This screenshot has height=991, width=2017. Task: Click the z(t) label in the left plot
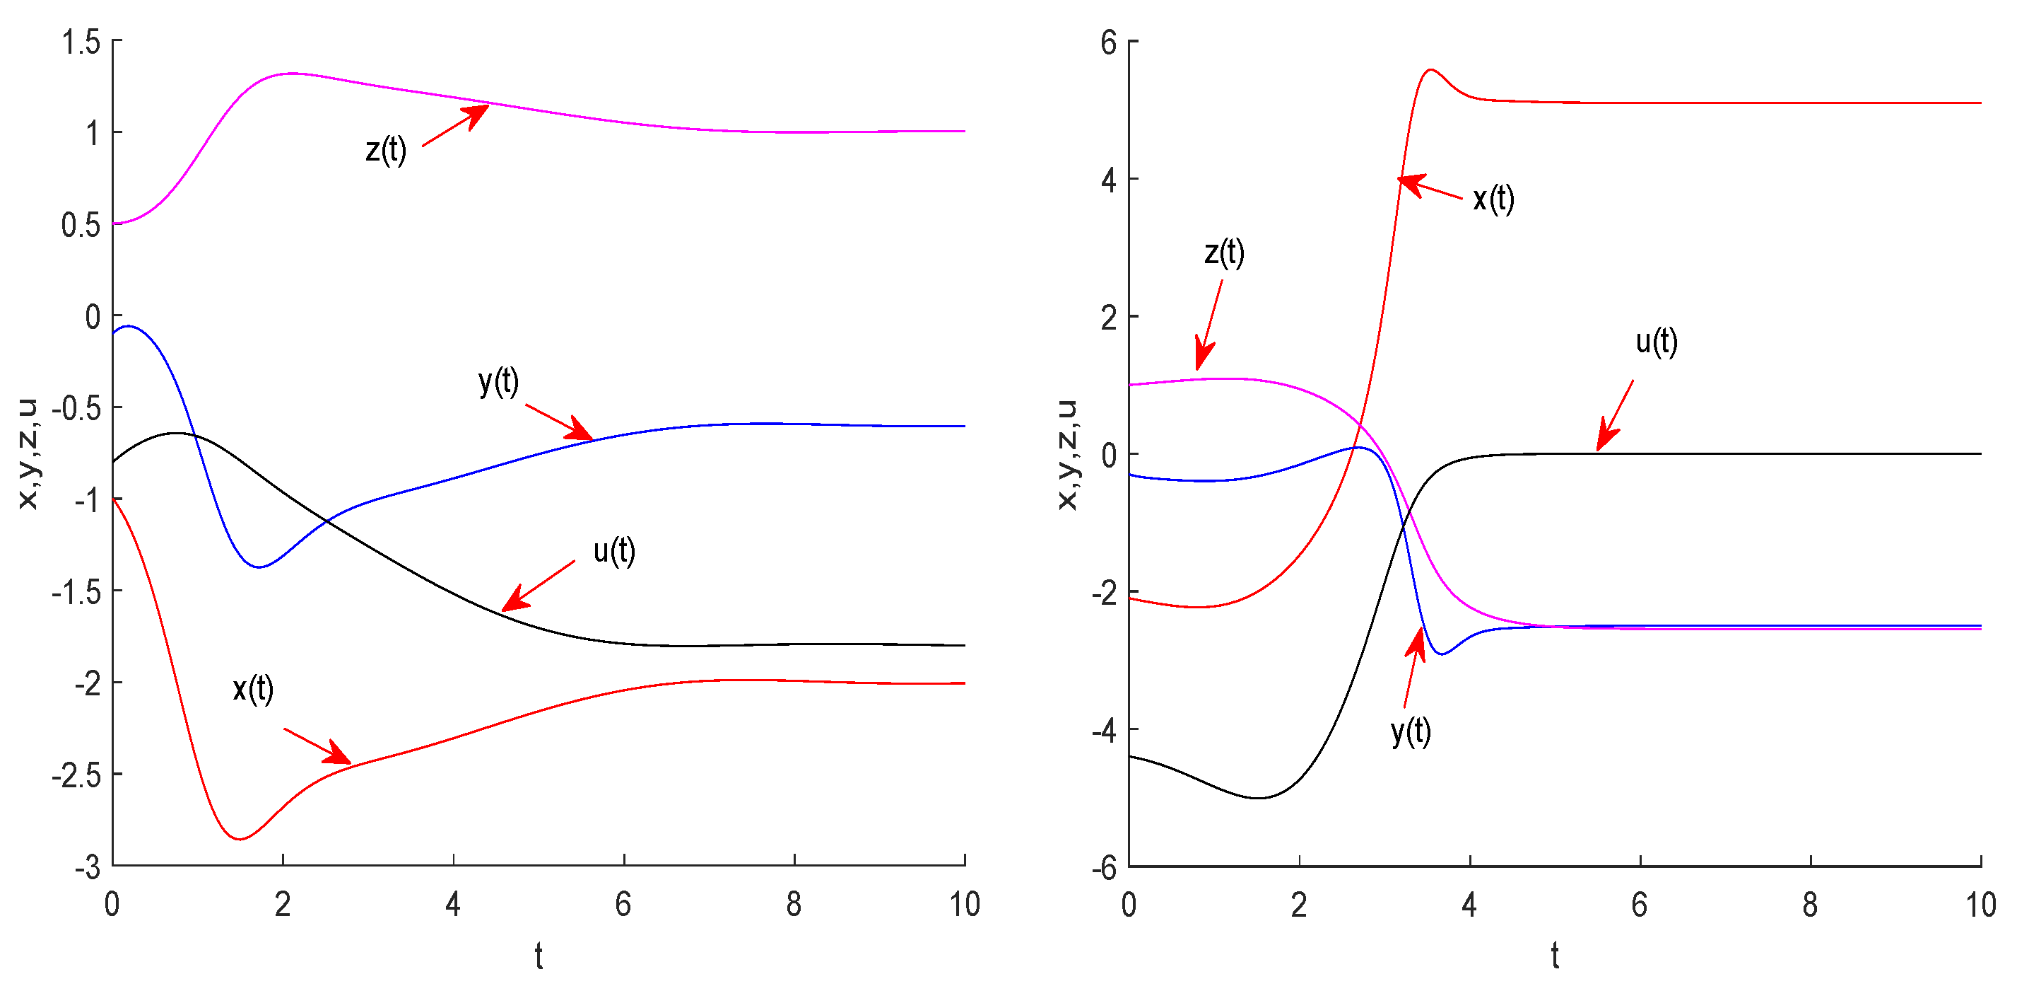pyautogui.click(x=386, y=150)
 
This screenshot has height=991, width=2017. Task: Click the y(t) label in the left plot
pyautogui.click(x=499, y=382)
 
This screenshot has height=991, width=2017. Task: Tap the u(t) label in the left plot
pyautogui.click(x=614, y=552)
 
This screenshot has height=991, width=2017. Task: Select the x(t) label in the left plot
pyautogui.click(x=253, y=690)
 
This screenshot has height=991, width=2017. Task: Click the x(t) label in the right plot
pyautogui.click(x=1493, y=199)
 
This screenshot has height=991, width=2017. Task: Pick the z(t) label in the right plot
pyautogui.click(x=1224, y=253)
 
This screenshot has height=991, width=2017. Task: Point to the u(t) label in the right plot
pyautogui.click(x=1656, y=342)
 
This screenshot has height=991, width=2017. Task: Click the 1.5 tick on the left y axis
pyautogui.click(x=81, y=42)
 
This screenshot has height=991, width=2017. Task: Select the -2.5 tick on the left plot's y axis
pyautogui.click(x=76, y=775)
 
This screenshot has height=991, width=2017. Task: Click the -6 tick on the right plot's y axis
pyautogui.click(x=1104, y=868)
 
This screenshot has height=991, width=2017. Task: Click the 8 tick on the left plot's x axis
pyautogui.click(x=794, y=905)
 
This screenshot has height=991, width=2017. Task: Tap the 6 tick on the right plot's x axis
pyautogui.click(x=1640, y=905)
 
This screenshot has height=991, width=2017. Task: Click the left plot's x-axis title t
pyautogui.click(x=539, y=956)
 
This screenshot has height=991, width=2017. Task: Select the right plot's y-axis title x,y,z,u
pyautogui.click(x=1066, y=454)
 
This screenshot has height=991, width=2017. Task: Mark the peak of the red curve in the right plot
pyautogui.click(x=1431, y=70)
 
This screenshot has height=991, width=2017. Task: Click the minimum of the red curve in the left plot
pyautogui.click(x=240, y=839)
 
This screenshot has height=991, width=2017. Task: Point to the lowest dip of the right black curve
pyautogui.click(x=1257, y=797)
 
